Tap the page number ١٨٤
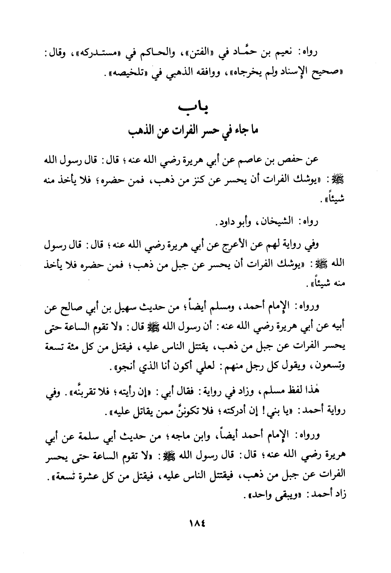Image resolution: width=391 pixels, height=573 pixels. (195, 522)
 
